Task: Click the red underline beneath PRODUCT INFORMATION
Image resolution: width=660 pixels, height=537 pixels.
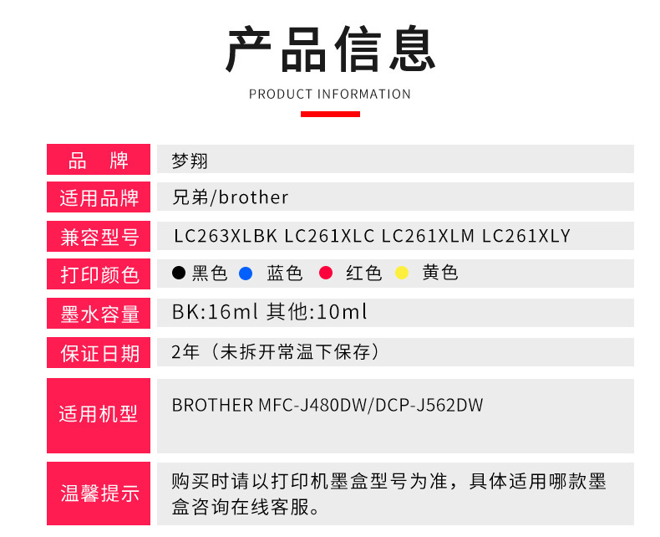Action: tap(330, 114)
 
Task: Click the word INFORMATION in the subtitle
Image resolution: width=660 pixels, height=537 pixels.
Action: tap(364, 94)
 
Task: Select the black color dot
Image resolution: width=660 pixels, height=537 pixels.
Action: tap(179, 273)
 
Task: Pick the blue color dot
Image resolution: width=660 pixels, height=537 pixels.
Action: tap(246, 274)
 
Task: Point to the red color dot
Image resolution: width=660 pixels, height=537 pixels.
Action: tap(326, 273)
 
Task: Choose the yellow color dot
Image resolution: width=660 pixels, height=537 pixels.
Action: tap(402, 273)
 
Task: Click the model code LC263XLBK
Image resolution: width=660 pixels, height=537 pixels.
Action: tap(226, 236)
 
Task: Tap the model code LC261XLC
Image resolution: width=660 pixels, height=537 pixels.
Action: tap(329, 236)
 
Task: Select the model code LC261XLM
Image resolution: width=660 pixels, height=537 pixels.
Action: tap(428, 236)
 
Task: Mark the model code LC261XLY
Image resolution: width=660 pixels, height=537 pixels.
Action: tap(526, 236)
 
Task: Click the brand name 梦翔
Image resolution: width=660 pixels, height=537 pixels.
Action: tap(190, 161)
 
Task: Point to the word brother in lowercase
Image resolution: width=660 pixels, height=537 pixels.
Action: tap(253, 197)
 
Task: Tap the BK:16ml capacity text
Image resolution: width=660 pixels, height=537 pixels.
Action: tap(215, 312)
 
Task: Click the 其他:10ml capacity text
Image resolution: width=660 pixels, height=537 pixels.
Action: tap(317, 312)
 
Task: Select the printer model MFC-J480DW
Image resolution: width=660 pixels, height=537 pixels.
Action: tap(312, 405)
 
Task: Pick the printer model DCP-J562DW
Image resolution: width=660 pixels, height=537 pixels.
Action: tap(429, 405)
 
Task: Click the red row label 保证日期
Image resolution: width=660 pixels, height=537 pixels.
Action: tap(99, 353)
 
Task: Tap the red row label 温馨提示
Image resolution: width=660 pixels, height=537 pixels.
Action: tap(99, 494)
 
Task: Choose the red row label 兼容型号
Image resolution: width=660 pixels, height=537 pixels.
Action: tap(99, 237)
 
